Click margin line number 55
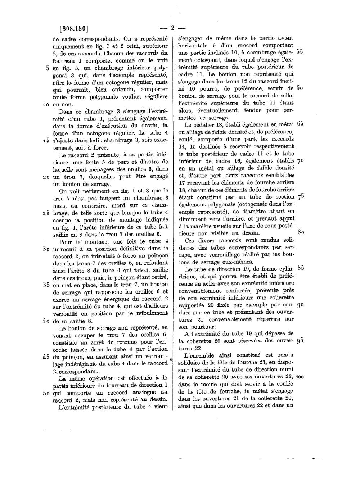coord(300,51)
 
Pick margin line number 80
coord(301,232)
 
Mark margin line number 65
coord(300,124)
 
